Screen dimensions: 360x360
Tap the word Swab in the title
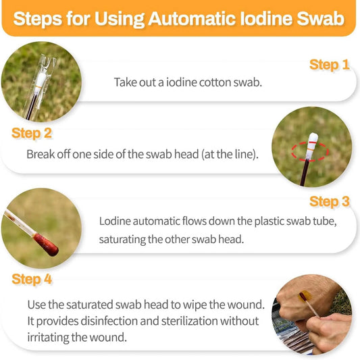pos(320,18)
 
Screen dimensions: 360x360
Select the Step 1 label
pos(329,65)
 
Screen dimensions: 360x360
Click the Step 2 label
pos(32,133)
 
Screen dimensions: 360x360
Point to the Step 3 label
pos(329,201)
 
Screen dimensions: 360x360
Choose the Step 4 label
pos(32,278)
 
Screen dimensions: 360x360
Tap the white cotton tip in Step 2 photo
pos(313,143)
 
